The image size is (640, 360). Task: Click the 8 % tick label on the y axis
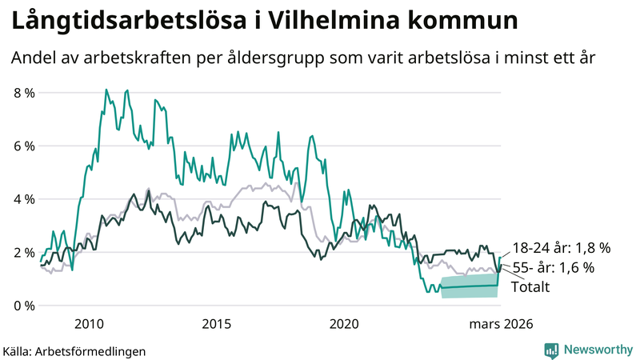coord(24,93)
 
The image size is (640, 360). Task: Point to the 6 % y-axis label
coord(24,146)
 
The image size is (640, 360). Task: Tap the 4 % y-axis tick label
coord(24,199)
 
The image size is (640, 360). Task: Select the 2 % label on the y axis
coord(24,253)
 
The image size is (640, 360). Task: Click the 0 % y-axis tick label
coord(24,306)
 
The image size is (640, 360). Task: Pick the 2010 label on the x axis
coord(89,324)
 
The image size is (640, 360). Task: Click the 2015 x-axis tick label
coord(217,324)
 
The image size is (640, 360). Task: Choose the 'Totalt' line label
coord(530,286)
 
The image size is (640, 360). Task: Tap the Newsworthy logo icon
coord(551,350)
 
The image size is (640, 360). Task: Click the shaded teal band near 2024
coord(469,286)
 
